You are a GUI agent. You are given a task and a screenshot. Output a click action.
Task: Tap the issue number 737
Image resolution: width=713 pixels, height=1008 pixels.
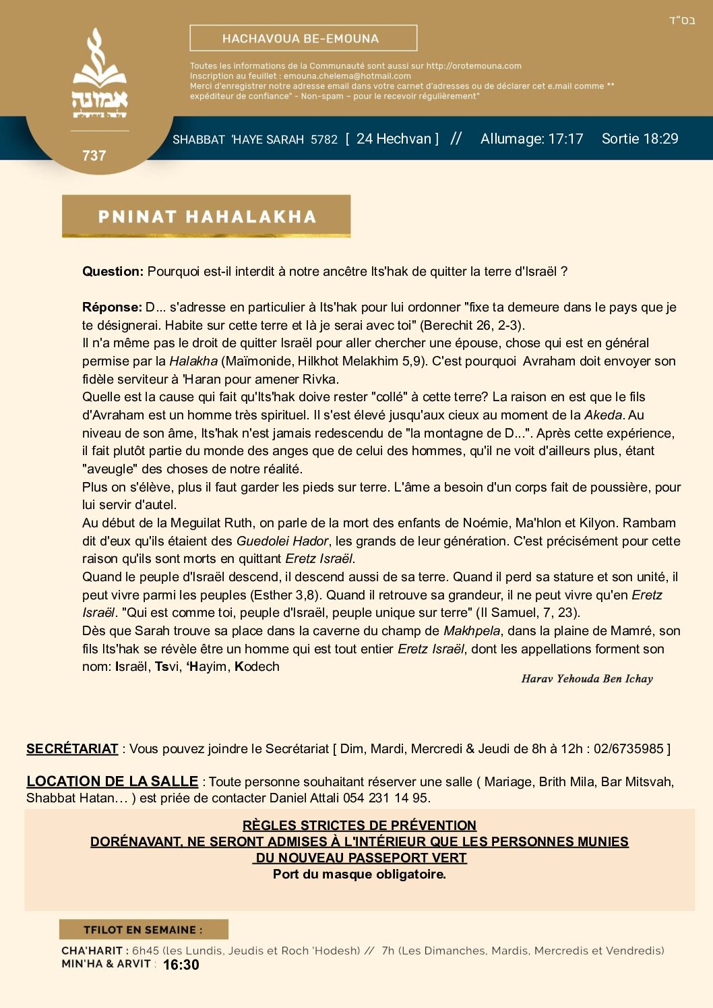tap(94, 156)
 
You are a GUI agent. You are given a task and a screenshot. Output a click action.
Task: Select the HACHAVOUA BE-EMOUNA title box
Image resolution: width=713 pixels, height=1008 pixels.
tap(303, 38)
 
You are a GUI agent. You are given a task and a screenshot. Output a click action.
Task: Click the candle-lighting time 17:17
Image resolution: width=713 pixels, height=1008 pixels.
tap(565, 139)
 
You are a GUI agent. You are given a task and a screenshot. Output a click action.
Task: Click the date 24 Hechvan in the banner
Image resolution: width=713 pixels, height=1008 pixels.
tap(394, 139)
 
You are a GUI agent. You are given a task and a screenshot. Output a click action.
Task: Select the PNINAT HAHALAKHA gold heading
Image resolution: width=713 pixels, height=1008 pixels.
tap(206, 216)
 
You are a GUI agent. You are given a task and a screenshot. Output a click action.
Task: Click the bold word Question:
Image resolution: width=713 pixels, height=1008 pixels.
tap(113, 272)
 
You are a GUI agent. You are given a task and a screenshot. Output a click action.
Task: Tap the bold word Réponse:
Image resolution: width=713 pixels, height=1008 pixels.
tap(112, 307)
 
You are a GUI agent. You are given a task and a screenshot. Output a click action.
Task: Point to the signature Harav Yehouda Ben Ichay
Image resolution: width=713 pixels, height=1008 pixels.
tap(587, 679)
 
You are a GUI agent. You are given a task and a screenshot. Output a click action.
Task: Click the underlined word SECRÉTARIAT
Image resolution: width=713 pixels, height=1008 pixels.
tap(72, 749)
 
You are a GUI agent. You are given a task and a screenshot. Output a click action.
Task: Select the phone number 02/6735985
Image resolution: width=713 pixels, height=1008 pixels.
tap(629, 749)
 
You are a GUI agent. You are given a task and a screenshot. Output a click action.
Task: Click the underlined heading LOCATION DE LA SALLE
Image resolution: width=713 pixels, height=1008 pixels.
tap(112, 781)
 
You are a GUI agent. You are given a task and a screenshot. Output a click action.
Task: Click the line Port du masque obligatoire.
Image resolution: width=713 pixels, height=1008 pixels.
tap(359, 874)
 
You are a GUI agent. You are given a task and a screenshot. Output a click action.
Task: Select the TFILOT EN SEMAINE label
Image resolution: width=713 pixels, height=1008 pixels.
tap(143, 930)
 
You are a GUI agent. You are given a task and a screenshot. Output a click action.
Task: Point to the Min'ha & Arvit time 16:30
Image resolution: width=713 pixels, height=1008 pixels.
tap(181, 965)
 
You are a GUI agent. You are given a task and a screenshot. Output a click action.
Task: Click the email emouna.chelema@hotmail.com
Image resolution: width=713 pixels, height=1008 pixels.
tap(347, 76)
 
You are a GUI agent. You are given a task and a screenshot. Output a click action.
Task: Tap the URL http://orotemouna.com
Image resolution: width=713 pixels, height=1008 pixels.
tap(474, 66)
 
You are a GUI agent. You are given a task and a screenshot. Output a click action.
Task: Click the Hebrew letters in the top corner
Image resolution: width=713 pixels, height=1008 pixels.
tap(681, 21)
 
